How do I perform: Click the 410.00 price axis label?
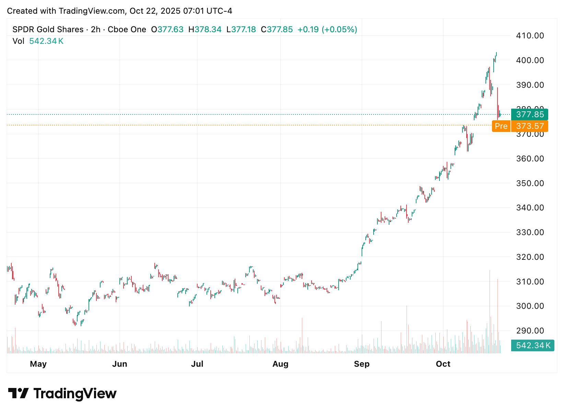[530, 36]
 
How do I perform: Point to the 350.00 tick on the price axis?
[530, 183]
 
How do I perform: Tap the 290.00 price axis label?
[530, 331]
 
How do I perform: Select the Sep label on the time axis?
[362, 364]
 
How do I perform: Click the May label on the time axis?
[38, 364]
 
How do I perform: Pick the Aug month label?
[280, 364]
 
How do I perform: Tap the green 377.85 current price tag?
[530, 114]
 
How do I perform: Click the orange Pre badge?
[501, 126]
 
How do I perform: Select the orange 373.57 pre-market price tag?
[530, 126]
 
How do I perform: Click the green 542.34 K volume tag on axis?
[533, 345]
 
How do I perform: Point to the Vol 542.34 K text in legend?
[38, 41]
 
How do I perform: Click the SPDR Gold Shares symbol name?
[48, 29]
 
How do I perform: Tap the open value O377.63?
[167, 29]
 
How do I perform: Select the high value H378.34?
[205, 29]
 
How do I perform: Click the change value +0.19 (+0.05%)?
[327, 29]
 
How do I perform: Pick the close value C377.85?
[277, 29]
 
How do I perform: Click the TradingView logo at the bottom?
[62, 393]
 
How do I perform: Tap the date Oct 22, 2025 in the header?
[155, 11]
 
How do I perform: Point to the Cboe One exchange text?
[127, 29]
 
